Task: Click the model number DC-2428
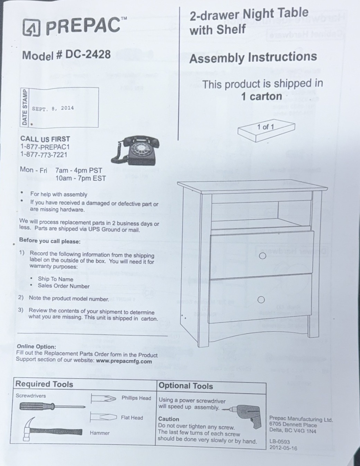click(x=88, y=54)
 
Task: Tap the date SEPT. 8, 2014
click(x=53, y=108)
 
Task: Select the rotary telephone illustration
click(x=135, y=150)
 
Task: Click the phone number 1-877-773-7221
click(x=44, y=155)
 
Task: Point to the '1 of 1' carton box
click(x=266, y=130)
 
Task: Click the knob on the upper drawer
click(x=262, y=256)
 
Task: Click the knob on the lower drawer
click(x=261, y=300)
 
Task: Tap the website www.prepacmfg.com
click(x=124, y=361)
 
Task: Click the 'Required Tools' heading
click(x=44, y=384)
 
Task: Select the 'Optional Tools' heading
click(x=186, y=386)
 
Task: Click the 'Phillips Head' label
click(x=136, y=398)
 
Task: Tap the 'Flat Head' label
click(x=132, y=418)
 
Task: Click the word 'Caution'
click(x=169, y=419)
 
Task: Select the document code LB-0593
click(x=280, y=441)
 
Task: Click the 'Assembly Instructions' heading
click(x=253, y=57)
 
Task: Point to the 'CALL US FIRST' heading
click(x=45, y=139)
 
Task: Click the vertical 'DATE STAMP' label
click(x=25, y=108)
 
